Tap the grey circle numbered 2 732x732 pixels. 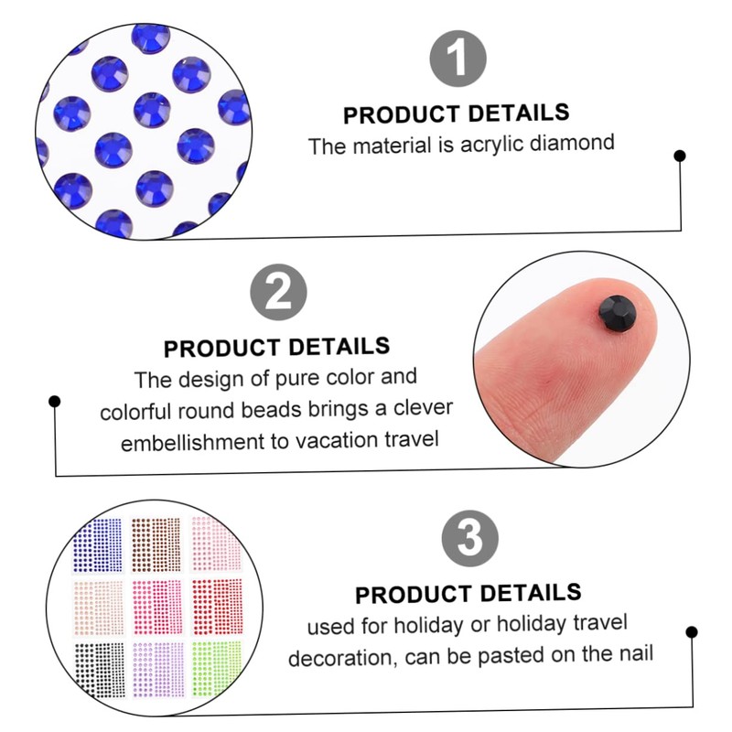tap(277, 295)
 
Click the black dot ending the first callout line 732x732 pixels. tap(679, 156)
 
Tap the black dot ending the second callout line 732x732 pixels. tap(55, 401)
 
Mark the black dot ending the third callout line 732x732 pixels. tap(692, 631)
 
